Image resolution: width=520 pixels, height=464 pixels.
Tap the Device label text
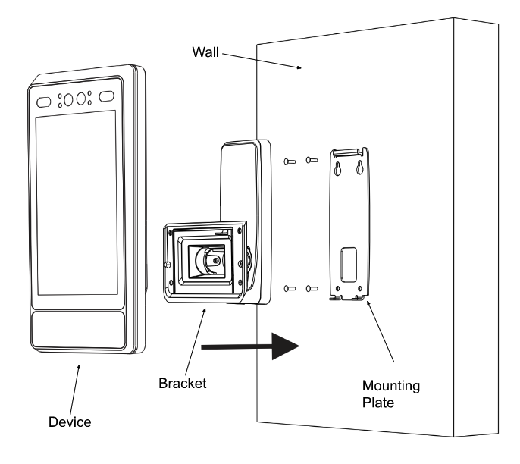coord(68,422)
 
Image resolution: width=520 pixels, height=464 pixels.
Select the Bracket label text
coord(182,383)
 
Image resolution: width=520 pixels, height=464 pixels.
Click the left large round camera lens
coord(67,99)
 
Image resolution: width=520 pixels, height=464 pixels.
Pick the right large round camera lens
coord(80,98)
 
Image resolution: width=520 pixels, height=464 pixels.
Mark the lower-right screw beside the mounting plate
coord(309,288)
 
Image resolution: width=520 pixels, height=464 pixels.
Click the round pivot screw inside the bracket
coord(217,259)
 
